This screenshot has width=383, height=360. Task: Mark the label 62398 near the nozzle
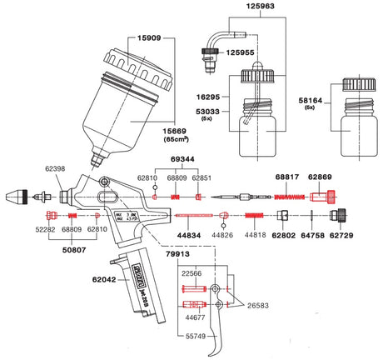click(52, 168)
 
